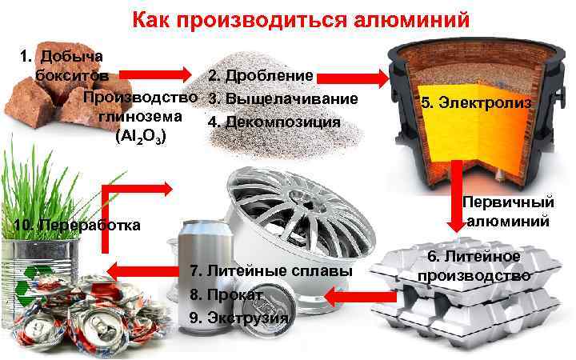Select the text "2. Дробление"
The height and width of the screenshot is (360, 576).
[x=260, y=76]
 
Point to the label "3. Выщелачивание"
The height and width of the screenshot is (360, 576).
[x=282, y=99]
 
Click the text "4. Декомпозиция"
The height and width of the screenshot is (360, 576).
[x=274, y=122]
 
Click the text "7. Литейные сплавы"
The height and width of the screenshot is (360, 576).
[x=272, y=272]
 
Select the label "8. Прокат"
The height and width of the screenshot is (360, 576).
[x=227, y=294]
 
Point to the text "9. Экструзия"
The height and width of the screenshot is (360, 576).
[x=239, y=318]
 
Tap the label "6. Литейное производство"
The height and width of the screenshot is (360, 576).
[x=474, y=266]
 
